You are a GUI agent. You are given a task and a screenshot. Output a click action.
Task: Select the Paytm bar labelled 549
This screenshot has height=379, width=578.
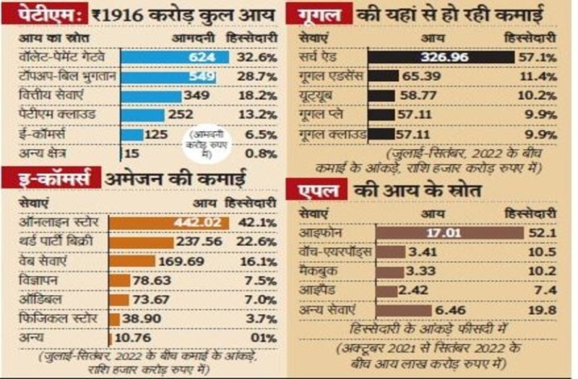click(169, 77)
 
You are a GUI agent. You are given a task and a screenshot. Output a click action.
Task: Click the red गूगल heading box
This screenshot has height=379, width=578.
click(318, 12)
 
